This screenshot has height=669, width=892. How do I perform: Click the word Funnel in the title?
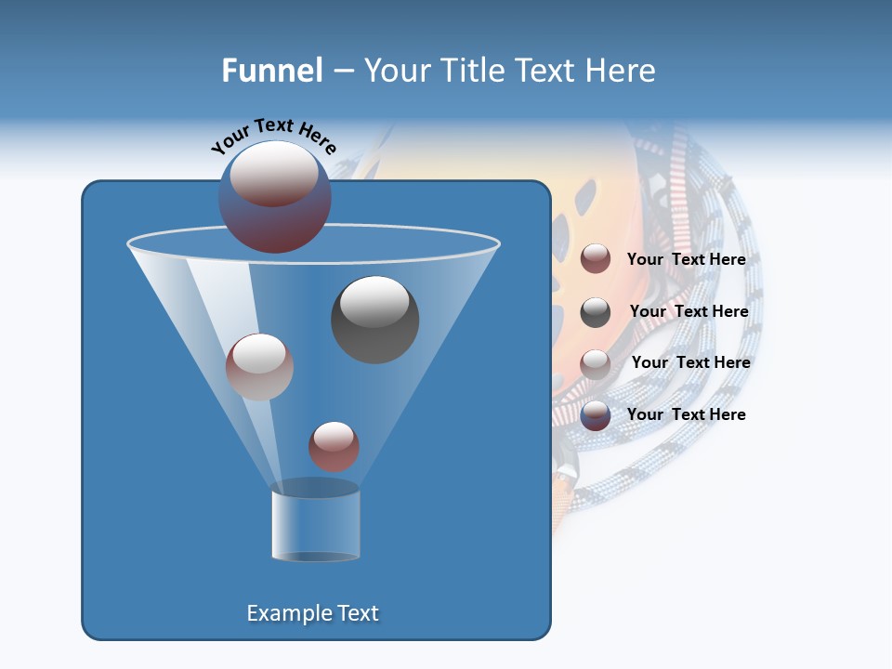pyautogui.click(x=271, y=71)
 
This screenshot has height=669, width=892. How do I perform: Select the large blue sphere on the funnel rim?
pyautogui.click(x=274, y=197)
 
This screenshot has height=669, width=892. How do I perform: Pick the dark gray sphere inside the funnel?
pyautogui.click(x=374, y=319)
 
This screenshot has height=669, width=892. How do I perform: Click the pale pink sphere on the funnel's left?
pyautogui.click(x=259, y=367)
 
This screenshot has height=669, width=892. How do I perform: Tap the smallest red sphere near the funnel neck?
pyautogui.click(x=334, y=446)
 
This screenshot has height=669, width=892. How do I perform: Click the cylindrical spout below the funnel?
pyautogui.click(x=315, y=525)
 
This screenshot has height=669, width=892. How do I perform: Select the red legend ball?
pyautogui.click(x=596, y=259)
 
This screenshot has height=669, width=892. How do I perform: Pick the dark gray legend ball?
pyautogui.click(x=596, y=312)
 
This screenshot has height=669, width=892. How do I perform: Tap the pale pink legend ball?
pyautogui.click(x=596, y=364)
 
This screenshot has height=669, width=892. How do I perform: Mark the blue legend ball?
pyautogui.click(x=596, y=415)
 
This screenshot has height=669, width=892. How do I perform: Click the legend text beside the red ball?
pyautogui.click(x=686, y=260)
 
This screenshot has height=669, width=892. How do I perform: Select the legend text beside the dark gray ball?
pyautogui.click(x=689, y=312)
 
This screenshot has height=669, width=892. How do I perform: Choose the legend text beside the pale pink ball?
pyautogui.click(x=690, y=362)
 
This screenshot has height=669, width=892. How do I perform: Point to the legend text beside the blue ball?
pyautogui.click(x=686, y=414)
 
